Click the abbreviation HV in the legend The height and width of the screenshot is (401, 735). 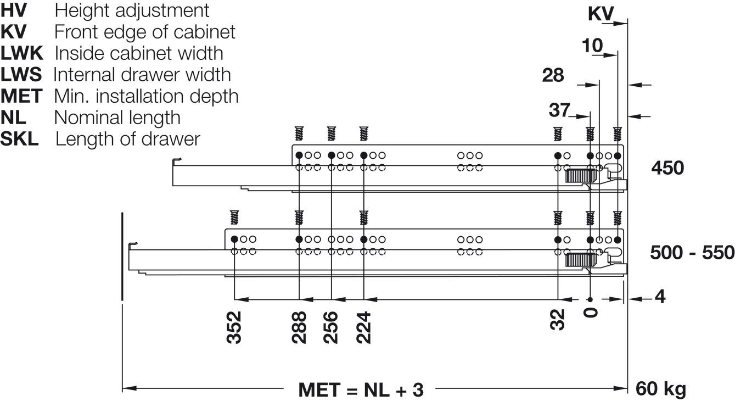[x=14, y=10]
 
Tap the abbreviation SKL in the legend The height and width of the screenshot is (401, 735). [x=20, y=139]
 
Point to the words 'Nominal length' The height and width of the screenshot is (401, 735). [x=117, y=118]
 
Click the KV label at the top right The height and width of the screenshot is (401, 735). [x=601, y=14]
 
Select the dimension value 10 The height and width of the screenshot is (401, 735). [x=592, y=46]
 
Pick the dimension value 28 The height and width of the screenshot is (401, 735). [x=553, y=75]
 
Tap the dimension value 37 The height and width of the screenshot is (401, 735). [x=559, y=110]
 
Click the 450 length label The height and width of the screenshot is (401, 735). [x=667, y=168]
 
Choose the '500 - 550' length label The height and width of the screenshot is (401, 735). [x=692, y=253]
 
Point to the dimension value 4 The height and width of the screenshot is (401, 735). [x=660, y=297]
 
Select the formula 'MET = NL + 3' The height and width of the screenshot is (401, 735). [x=361, y=390]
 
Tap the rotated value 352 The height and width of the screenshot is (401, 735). [x=234, y=327]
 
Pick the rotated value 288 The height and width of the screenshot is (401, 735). [x=299, y=327]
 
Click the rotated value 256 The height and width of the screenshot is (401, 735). [x=331, y=327]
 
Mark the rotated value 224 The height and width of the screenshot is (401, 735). [x=363, y=327]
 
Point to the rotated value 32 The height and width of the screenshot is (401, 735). [x=558, y=320]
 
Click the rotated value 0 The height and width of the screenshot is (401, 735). [x=591, y=313]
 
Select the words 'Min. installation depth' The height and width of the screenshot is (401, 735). [x=146, y=96]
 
